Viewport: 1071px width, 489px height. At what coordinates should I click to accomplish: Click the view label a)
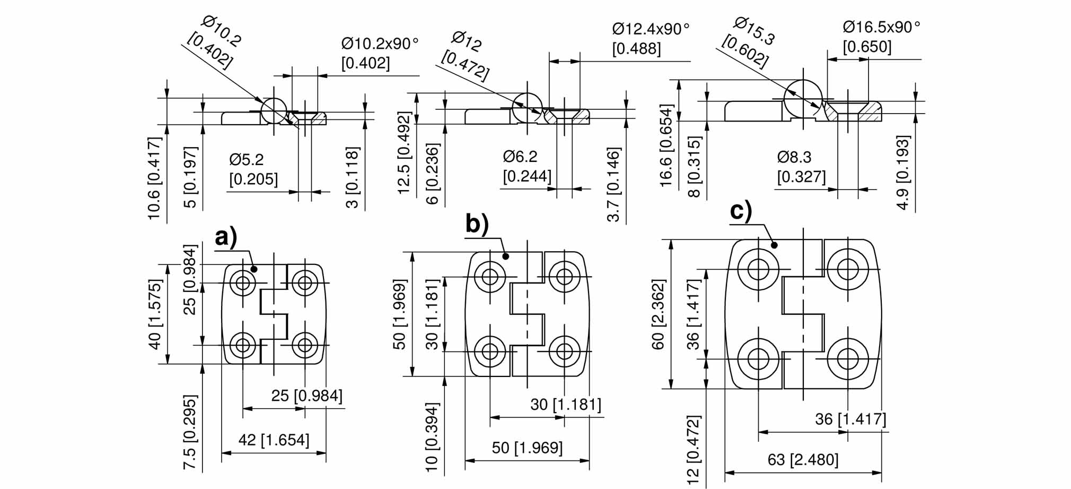point(226,237)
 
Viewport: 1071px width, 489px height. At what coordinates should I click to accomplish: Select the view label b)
point(477,224)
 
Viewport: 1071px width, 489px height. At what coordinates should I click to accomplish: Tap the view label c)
point(741,210)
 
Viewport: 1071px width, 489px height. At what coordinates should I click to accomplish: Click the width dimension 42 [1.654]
point(274,440)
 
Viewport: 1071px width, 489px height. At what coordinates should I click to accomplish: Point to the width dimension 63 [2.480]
point(803,459)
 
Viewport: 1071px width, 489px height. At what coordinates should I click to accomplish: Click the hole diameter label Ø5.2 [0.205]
point(253,169)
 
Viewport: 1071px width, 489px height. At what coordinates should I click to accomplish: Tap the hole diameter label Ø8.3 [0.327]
point(801,166)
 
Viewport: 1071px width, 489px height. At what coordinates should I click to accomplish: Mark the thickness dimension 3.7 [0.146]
point(613,185)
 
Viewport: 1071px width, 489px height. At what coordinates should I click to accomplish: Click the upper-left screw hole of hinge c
point(758,269)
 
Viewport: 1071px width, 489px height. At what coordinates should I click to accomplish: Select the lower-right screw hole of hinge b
point(564,351)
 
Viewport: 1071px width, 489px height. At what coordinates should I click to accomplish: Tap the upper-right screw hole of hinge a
point(305,282)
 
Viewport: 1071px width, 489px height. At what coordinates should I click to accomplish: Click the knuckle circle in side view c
point(803,99)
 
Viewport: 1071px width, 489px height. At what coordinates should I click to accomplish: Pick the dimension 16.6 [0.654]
point(666,145)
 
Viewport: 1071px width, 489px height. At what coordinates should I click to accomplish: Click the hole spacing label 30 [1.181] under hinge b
point(566,405)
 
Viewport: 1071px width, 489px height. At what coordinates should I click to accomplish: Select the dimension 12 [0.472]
point(693,450)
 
